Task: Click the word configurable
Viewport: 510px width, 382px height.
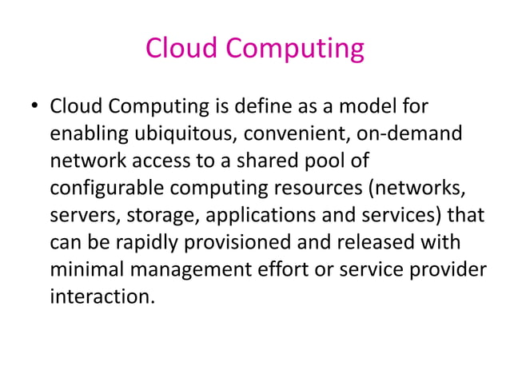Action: [x=102, y=189]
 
